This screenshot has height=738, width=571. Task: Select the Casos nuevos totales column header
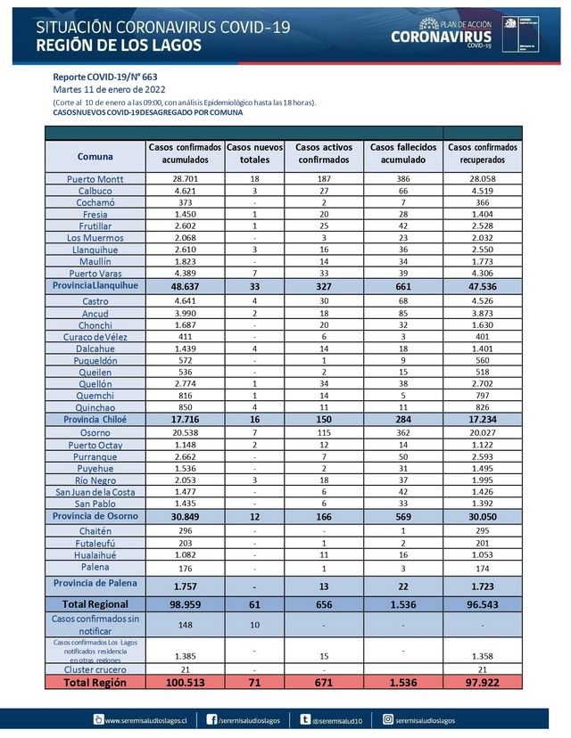coord(254,153)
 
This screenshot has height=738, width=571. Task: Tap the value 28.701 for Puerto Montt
coord(186,178)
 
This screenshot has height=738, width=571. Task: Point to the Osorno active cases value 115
coord(324,431)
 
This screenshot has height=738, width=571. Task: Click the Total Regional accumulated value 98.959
coord(186,603)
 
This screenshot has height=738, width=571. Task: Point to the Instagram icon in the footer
coord(388,719)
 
